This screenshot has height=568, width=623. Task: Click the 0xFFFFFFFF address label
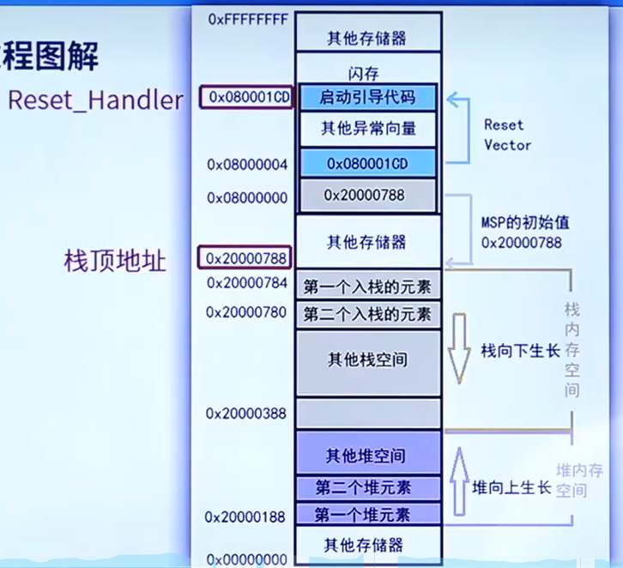point(247,18)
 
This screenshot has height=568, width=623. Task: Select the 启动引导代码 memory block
point(368,97)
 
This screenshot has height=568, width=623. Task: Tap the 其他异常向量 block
point(368,129)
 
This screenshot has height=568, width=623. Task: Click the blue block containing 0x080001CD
point(368,162)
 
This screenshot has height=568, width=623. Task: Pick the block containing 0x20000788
point(368,196)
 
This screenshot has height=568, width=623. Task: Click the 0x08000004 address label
point(247,163)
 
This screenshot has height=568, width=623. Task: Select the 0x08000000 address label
point(247,197)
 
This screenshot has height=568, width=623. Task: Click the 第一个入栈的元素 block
point(368,283)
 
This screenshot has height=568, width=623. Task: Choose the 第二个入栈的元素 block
point(368,313)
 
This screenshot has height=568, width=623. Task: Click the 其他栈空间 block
point(368,360)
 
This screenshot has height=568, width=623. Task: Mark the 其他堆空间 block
point(368,455)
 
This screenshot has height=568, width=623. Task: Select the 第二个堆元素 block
point(368,487)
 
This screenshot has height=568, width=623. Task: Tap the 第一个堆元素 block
point(368,515)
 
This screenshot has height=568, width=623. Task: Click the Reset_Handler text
point(95,100)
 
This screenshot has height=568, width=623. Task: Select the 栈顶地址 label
point(115,260)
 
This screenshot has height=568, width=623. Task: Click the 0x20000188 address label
point(245,517)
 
